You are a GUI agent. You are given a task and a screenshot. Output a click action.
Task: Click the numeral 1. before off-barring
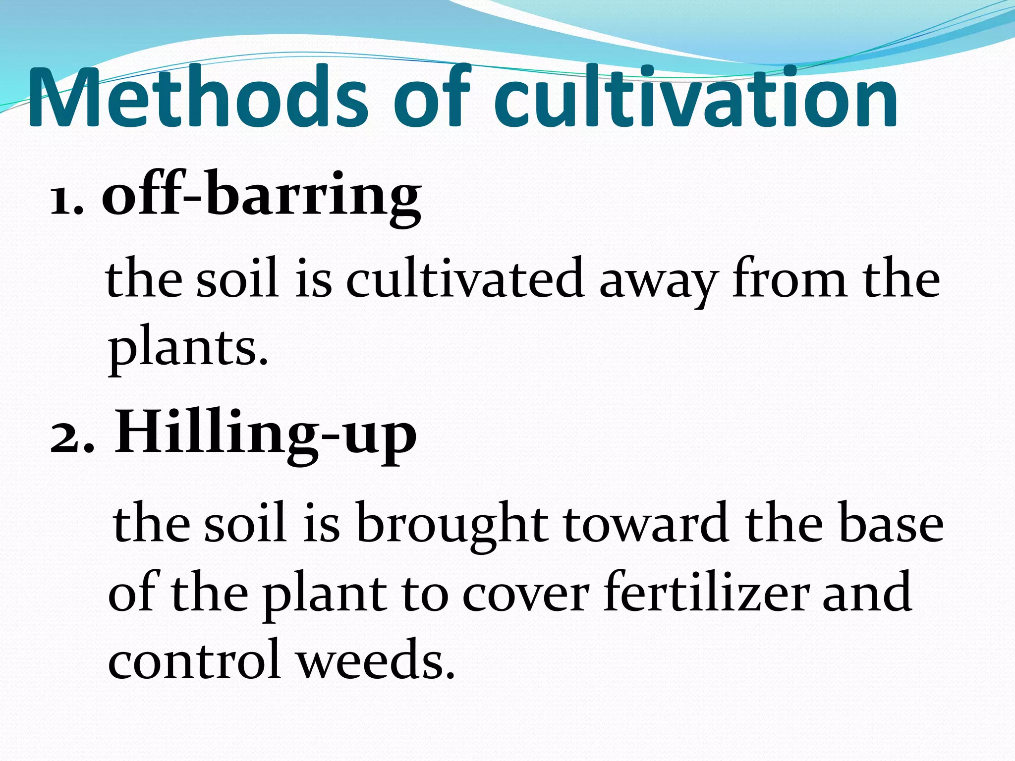click(x=66, y=198)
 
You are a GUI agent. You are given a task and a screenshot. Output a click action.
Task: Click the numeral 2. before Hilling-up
click(x=72, y=436)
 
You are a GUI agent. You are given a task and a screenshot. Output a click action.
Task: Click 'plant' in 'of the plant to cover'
click(x=325, y=595)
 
